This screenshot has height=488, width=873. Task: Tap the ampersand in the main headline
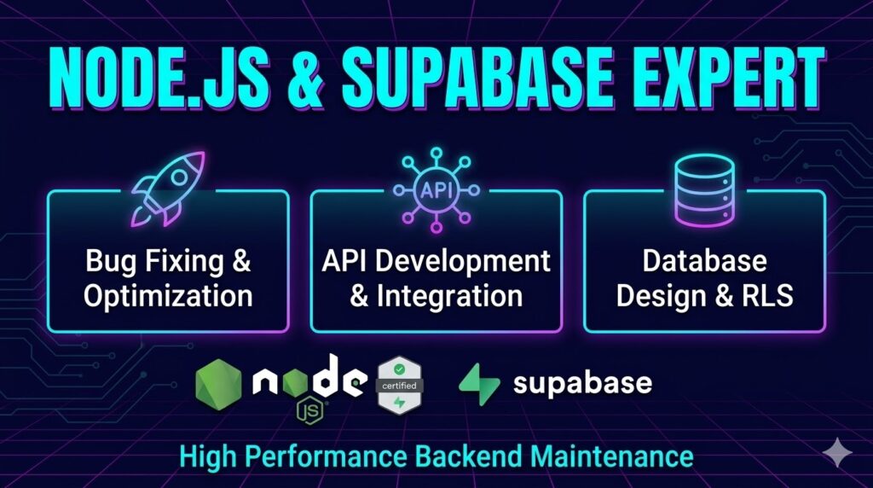[305, 78]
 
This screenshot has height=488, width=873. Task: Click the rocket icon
[168, 188]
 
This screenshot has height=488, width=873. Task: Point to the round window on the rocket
[179, 177]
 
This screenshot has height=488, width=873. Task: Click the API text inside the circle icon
[436, 190]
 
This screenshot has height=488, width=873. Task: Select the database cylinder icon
[704, 191]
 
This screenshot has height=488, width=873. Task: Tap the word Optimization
[168, 296]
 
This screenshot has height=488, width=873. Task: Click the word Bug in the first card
[110, 261]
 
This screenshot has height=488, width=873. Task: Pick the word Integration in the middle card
[449, 296]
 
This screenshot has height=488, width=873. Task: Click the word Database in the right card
[704, 261]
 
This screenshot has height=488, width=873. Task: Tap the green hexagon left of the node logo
[219, 385]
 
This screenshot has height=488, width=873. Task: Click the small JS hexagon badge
[311, 412]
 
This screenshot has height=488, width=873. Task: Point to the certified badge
[400, 386]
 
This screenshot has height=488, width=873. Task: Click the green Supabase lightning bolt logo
[479, 385]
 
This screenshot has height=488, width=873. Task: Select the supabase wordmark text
[582, 384]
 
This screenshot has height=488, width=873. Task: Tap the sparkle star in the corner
[837, 452]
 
